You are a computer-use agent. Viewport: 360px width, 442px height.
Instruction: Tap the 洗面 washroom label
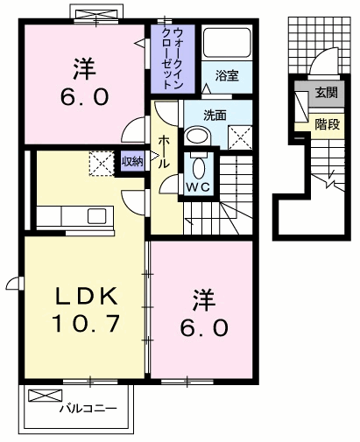coord(215,114)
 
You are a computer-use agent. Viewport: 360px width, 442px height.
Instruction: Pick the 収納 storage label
coord(131,161)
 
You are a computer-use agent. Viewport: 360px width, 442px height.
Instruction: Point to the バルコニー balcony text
coord(87,408)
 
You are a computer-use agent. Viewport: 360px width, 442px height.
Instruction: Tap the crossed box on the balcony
coord(41,396)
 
